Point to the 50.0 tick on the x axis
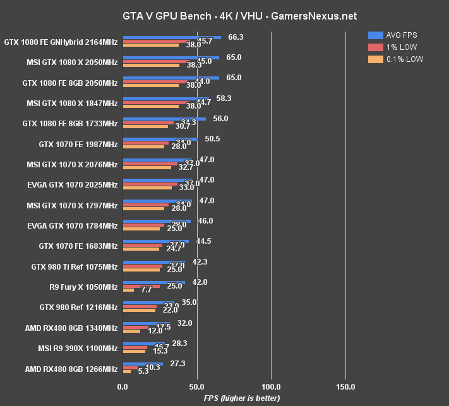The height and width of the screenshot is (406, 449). pos(197,386)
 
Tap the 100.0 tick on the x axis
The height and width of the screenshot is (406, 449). pos(271,386)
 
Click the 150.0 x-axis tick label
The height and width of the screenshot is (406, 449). pos(345,386)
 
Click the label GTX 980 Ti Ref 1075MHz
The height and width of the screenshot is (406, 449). pos(75,267)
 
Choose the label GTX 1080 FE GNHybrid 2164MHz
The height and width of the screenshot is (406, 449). pos(61,43)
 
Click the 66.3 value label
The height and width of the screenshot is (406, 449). pos(236,37)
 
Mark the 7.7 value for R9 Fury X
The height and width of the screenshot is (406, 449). pos(146,290)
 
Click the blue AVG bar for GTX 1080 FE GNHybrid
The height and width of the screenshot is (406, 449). pos(172,37)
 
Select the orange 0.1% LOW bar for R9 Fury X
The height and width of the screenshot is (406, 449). pos(128,290)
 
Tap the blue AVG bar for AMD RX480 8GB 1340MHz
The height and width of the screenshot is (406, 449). pos(147,323)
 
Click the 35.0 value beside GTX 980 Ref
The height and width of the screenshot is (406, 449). pos(189,302)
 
